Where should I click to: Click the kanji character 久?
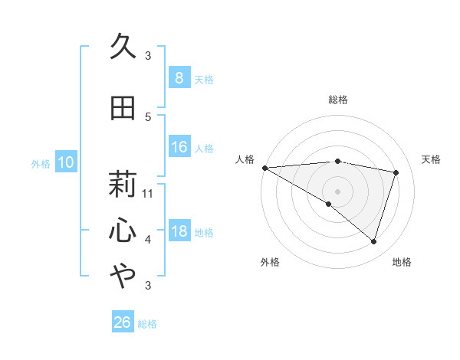pyautogui.click(x=123, y=47)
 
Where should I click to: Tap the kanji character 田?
pyautogui.click(x=123, y=108)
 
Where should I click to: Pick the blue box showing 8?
pyautogui.click(x=179, y=77)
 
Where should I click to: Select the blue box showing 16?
pyautogui.click(x=179, y=147)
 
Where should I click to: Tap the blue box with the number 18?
pyautogui.click(x=179, y=232)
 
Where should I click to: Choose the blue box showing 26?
pyautogui.click(x=122, y=322)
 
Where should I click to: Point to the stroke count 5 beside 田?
pyautogui.click(x=148, y=116)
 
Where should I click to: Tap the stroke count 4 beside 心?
pyautogui.click(x=148, y=240)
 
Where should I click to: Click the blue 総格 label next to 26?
pyautogui.click(x=147, y=324)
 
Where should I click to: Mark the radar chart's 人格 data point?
pyautogui.click(x=264, y=168)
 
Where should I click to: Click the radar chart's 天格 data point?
pyautogui.click(x=396, y=172)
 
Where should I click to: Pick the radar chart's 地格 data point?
pyautogui.click(x=373, y=241)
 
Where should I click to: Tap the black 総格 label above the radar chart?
pyautogui.click(x=337, y=100)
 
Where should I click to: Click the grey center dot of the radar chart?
pyautogui.click(x=337, y=191)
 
